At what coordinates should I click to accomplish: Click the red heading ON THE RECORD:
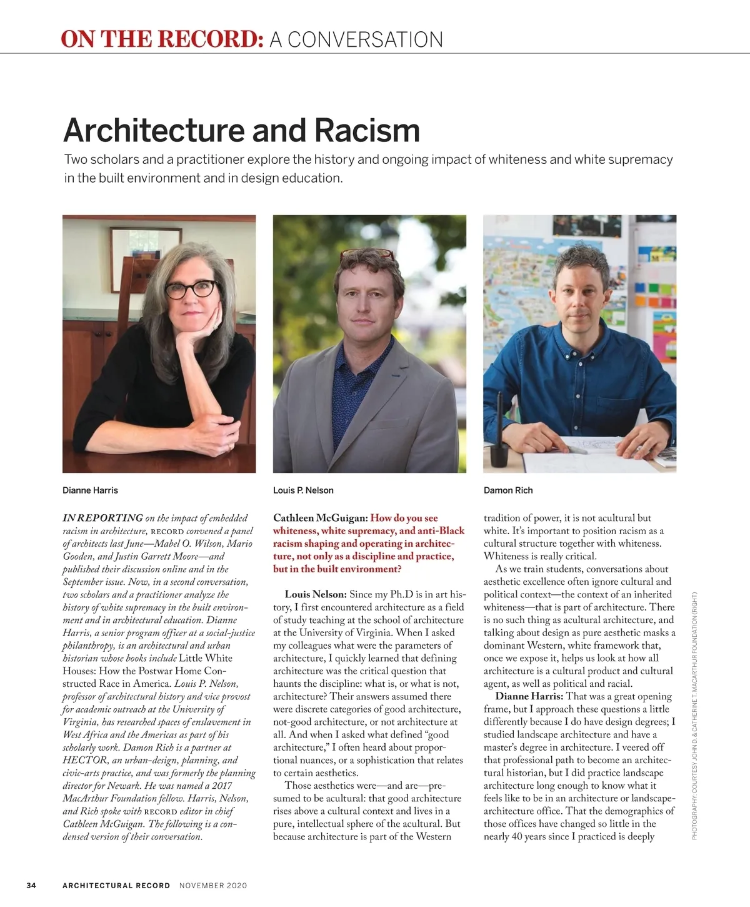162,39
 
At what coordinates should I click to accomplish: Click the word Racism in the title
367,130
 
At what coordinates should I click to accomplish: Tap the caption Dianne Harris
90,490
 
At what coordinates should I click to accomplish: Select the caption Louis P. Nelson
303,490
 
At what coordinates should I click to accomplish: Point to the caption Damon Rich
508,490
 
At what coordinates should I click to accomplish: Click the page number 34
31,885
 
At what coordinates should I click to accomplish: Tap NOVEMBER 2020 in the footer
213,885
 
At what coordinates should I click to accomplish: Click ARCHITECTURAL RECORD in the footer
116,885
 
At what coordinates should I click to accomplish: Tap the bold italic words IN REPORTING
102,518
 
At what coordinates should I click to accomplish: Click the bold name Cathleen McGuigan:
320,518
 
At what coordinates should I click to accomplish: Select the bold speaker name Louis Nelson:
316,594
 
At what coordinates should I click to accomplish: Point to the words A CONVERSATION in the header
356,39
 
